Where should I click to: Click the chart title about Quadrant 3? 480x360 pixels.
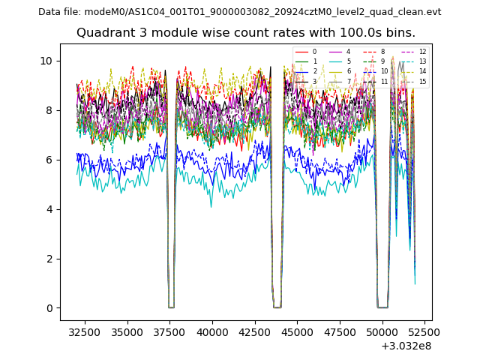(245, 33)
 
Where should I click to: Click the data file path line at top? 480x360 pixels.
(239, 12)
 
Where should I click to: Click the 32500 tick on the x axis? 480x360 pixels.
(84, 331)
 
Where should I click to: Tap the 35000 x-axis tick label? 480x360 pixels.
(127, 331)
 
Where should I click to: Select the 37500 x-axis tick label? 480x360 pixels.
(169, 331)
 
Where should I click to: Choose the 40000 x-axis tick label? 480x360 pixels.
(212, 331)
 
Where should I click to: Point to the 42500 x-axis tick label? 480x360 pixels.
(255, 331)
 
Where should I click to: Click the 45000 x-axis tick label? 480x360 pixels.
(297, 331)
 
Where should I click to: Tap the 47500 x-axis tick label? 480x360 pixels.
(340, 331)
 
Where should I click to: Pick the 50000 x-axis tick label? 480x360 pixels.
(382, 331)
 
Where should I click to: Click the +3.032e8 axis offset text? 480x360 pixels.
(406, 346)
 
